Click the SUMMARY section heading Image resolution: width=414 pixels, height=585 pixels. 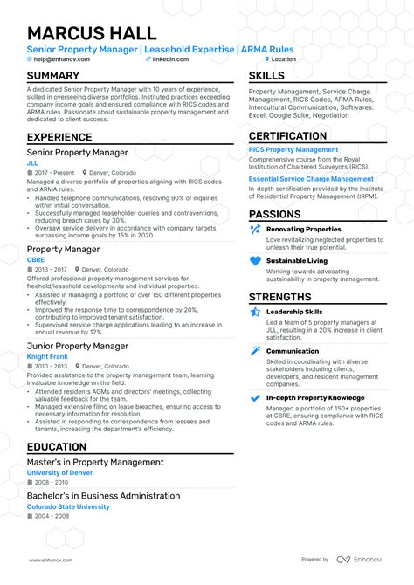pos(53,76)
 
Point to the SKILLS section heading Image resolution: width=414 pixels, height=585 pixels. pos(266,76)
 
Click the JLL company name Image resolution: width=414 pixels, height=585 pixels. pos(32,162)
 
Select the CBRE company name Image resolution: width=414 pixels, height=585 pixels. pos(36,259)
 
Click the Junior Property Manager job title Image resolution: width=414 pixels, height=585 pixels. pos(78,346)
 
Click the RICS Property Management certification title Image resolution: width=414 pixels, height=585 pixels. pos(293,149)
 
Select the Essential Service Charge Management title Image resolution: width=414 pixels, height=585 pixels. pos(311,178)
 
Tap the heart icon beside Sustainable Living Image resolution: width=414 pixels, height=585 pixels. pos(255,260)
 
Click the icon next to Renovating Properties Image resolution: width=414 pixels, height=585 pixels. pos(255,230)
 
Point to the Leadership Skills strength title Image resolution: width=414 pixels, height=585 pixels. pos(294,311)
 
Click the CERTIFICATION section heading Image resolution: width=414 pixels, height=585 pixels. pos(287,136)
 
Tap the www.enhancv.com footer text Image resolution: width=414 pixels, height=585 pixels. pos(50,559)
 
